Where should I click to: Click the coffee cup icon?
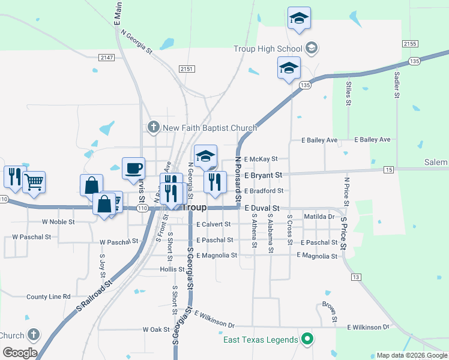[133, 168]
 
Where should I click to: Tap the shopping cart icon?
[34, 181]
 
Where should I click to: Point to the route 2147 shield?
[107, 57]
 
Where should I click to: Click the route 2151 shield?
[187, 69]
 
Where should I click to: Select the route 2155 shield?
[410, 44]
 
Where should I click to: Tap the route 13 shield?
[356, 277]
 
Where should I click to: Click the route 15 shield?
[389, 170]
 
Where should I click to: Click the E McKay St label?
[261, 159]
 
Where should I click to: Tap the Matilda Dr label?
[319, 217]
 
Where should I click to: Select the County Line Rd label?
[48, 296]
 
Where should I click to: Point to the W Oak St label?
[156, 329]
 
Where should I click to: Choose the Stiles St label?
[348, 92]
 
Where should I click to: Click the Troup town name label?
[194, 207]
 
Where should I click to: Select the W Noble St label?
[58, 221]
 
